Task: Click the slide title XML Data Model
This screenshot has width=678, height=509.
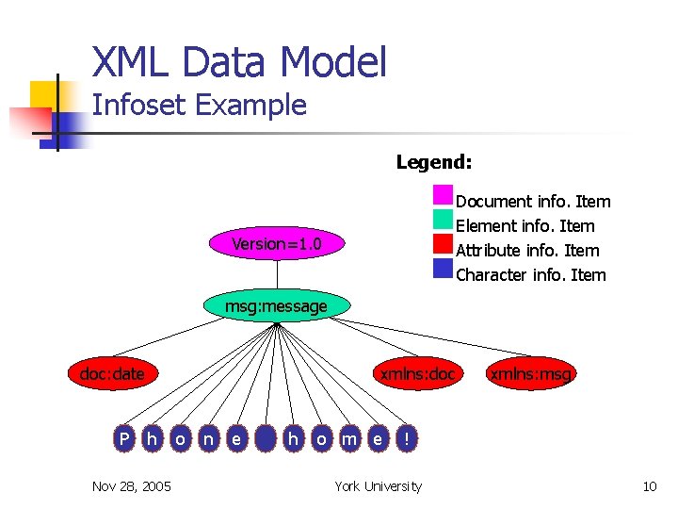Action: (x=239, y=63)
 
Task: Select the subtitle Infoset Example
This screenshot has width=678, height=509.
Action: (x=200, y=105)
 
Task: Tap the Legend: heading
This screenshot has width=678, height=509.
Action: (x=434, y=162)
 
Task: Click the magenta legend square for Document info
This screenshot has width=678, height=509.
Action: (x=444, y=195)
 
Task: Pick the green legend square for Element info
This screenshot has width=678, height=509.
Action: (x=444, y=220)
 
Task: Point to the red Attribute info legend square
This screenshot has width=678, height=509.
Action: (x=444, y=244)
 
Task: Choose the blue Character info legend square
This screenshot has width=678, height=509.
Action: (x=444, y=269)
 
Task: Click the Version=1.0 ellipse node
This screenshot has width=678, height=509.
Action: (x=277, y=244)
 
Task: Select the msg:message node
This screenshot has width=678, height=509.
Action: (x=276, y=305)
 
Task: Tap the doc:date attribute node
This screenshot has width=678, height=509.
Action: (x=112, y=374)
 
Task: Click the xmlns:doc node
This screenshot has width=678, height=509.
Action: (x=416, y=374)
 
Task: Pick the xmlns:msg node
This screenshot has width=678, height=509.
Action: (x=530, y=374)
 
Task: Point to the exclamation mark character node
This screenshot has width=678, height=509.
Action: (x=405, y=438)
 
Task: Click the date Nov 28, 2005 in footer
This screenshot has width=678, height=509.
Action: (x=132, y=486)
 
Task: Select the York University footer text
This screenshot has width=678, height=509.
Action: (x=379, y=486)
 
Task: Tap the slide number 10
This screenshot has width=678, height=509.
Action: (x=649, y=486)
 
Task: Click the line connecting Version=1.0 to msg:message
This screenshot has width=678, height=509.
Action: (x=278, y=275)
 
